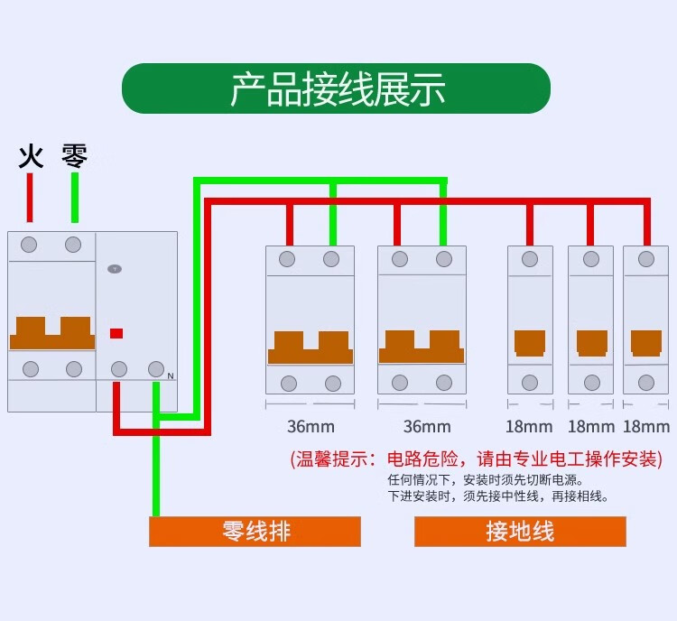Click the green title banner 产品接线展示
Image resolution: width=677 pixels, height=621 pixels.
tap(336, 88)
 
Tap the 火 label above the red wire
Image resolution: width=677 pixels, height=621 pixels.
tap(31, 157)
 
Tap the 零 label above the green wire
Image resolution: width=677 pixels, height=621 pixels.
tap(75, 156)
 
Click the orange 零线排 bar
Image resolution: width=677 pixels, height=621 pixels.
tap(255, 532)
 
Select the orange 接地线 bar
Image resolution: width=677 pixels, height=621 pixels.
tap(520, 532)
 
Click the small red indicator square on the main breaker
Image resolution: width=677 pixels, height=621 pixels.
tap(116, 333)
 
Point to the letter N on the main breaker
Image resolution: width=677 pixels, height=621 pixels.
tap(170, 375)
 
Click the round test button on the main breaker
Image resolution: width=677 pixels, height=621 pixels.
tap(115, 269)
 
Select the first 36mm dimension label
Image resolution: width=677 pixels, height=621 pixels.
tap(311, 426)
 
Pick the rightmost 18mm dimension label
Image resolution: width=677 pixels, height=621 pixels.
tap(646, 426)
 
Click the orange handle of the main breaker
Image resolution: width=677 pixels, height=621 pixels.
tap(51, 333)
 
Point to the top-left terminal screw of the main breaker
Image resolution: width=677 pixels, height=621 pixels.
tap(29, 245)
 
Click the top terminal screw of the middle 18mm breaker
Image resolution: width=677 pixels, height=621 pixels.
tap(591, 260)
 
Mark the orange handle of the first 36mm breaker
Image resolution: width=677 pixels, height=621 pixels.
tap(311, 348)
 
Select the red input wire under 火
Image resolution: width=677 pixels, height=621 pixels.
tap(30, 198)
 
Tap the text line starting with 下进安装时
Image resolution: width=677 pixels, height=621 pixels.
tap(498, 496)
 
